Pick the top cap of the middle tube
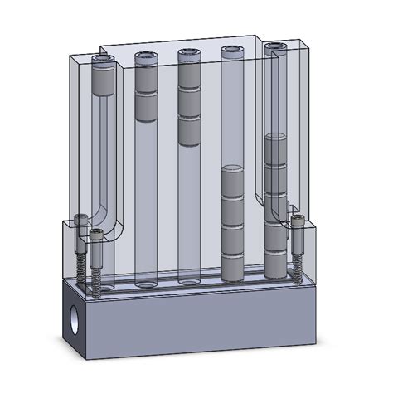tap(189, 56)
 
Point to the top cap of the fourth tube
tap(231, 54)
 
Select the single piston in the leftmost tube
tap(104, 81)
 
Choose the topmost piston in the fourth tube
tap(232, 182)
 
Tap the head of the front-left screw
tap(95, 235)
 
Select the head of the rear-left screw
tap(80, 220)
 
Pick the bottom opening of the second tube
tap(146, 283)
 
